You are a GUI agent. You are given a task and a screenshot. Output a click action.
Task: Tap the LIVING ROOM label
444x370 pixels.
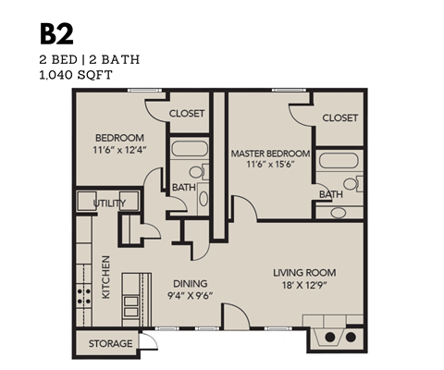[303, 273]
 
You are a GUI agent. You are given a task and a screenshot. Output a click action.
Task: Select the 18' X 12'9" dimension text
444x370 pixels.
[304, 287]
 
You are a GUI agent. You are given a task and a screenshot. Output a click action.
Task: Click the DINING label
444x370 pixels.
[189, 283]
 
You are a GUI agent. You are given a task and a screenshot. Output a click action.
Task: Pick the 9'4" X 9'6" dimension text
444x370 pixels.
[190, 297]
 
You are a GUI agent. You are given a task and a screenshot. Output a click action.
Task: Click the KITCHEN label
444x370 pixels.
[105, 277]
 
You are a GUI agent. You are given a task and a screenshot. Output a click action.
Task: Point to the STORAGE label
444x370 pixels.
[110, 344]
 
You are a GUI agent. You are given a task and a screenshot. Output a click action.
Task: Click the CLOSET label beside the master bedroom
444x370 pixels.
[340, 118]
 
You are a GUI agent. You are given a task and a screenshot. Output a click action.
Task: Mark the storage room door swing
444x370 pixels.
[146, 345]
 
